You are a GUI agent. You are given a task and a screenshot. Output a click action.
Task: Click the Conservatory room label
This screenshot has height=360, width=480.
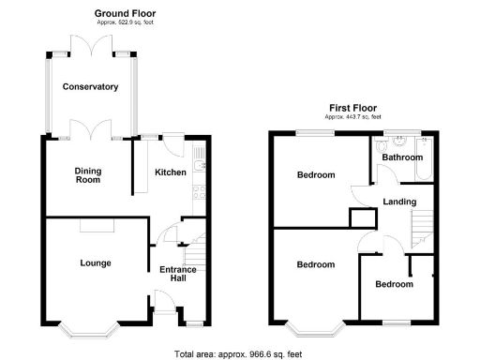tap(90, 86)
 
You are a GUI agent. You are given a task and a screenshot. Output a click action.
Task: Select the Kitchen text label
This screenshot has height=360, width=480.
tap(170, 172)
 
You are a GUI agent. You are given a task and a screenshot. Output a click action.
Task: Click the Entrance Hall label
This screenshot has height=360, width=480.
tap(177, 275)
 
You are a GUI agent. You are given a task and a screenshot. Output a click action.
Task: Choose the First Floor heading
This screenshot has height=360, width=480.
tap(352, 107)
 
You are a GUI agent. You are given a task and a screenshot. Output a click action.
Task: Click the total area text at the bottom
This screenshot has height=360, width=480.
tap(238, 352)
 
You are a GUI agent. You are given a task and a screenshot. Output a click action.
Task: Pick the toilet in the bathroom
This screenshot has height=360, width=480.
tap(378, 147)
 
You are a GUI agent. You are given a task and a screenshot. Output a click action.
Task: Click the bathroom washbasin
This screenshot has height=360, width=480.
tap(398, 142)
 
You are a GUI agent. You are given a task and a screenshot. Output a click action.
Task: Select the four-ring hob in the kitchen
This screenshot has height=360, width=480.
tap(198, 193)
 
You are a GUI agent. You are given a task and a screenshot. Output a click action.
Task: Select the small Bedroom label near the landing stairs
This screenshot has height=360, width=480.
tap(394, 284)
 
